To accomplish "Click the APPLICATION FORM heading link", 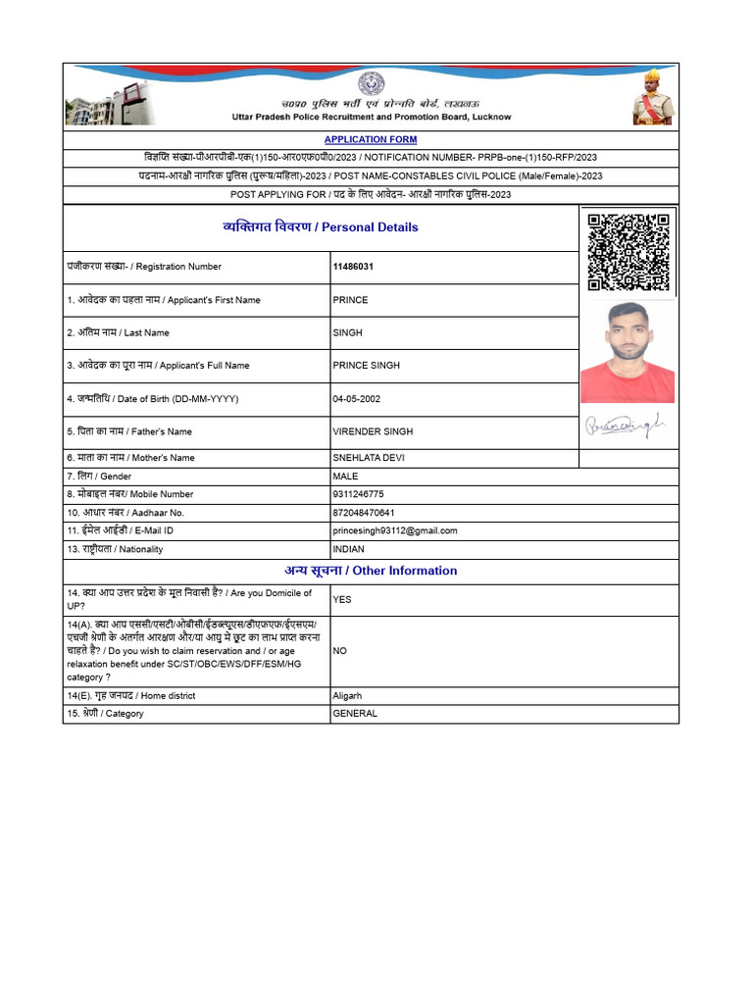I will (x=371, y=140).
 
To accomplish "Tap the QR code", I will (x=628, y=251).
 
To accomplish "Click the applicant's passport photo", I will (x=627, y=352).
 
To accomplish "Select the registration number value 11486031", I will (x=353, y=267).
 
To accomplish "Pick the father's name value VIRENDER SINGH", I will (x=373, y=431).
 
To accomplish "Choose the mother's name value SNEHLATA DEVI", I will (x=369, y=458).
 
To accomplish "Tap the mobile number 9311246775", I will (x=359, y=494).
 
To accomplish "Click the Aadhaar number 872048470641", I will (x=364, y=513).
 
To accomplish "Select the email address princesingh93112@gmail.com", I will (x=395, y=530).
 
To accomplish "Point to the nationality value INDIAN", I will (x=349, y=549).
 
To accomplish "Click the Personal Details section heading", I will (x=321, y=227).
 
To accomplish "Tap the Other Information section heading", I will (x=371, y=571).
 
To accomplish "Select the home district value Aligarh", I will (x=348, y=696).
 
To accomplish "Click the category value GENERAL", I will (x=355, y=714).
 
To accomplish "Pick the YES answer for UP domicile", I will (x=342, y=599).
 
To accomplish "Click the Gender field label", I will (x=99, y=477).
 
